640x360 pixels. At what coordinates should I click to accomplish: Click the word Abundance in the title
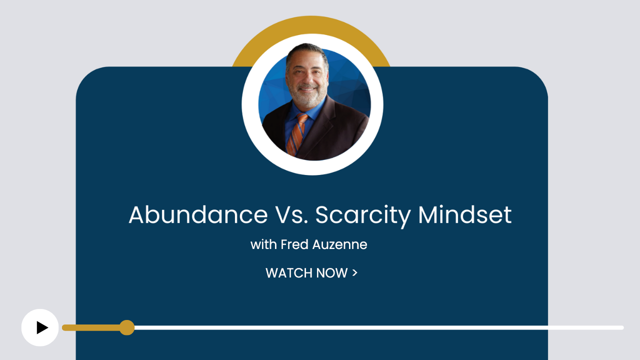198,214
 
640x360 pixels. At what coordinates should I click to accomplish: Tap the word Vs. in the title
291,214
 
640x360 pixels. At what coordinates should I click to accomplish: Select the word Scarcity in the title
363,216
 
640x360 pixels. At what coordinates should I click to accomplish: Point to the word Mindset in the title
465,214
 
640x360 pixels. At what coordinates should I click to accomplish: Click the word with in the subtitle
263,244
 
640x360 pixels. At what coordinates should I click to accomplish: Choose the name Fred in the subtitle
294,244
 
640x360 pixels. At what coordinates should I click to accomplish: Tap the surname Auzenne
339,244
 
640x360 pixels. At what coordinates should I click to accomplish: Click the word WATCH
289,273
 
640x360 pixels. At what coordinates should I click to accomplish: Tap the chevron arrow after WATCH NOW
355,272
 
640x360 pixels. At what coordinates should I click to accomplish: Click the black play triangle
42,327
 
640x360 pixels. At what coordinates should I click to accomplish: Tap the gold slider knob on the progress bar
127,327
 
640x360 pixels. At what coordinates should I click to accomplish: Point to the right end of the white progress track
622,327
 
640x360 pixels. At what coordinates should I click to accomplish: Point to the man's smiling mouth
307,88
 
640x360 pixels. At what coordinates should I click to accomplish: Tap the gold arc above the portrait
311,25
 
